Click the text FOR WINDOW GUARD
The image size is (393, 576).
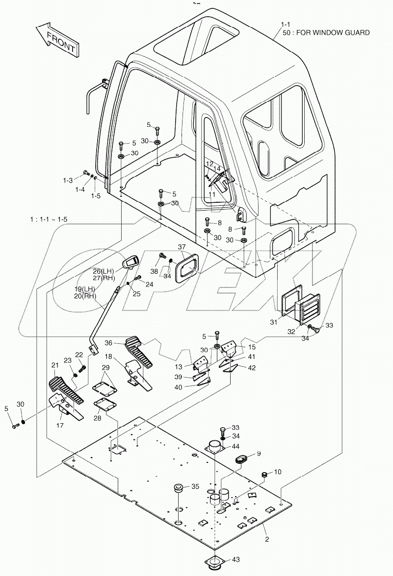(334, 33)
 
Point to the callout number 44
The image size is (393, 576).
(236, 446)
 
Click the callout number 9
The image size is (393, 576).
(258, 453)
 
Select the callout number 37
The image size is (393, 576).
(182, 247)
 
